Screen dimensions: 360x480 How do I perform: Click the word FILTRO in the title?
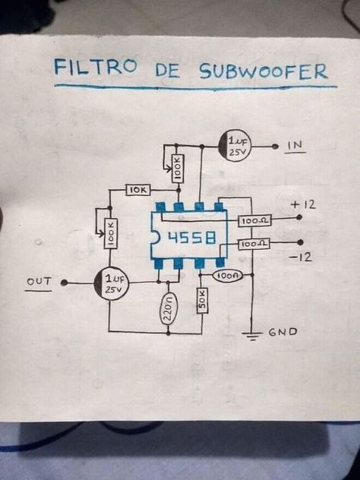pos(95,67)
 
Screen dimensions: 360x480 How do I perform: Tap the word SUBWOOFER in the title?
pos(264,71)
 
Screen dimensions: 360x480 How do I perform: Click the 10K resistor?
pos(138,190)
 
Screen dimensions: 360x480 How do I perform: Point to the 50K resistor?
pos(202,300)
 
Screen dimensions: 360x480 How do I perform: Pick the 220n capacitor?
pos(168,308)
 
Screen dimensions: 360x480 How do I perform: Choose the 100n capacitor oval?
pos(227,276)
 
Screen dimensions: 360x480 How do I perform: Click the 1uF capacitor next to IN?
pos(235,146)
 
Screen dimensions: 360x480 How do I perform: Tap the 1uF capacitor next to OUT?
pos(111,283)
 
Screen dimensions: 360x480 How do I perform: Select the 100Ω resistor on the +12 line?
pos(254,220)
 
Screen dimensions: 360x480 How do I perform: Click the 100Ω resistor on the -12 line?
pos(254,244)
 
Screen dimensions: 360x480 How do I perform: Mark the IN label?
pos(294,145)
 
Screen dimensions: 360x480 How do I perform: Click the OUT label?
pos(39,281)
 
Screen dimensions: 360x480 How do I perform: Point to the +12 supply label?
pos(303,204)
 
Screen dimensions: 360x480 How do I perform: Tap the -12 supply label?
pos(300,257)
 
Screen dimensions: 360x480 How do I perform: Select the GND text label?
pos(283,332)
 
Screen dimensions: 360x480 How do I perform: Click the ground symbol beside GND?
pos(251,336)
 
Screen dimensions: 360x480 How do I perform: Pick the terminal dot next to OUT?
pos(64,283)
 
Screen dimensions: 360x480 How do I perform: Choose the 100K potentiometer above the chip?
pos(177,169)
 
